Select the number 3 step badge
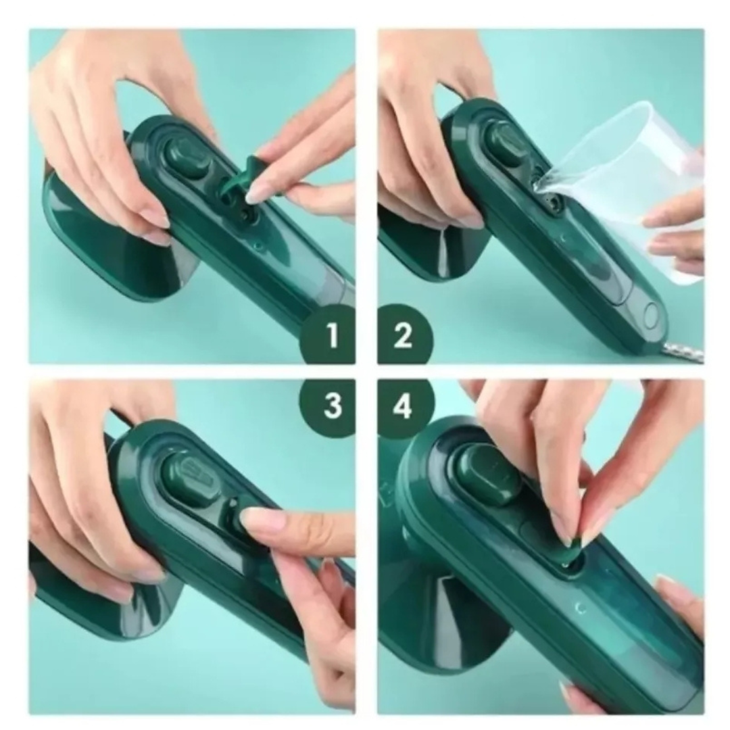tap(331, 406)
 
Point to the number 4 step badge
tap(403, 406)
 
